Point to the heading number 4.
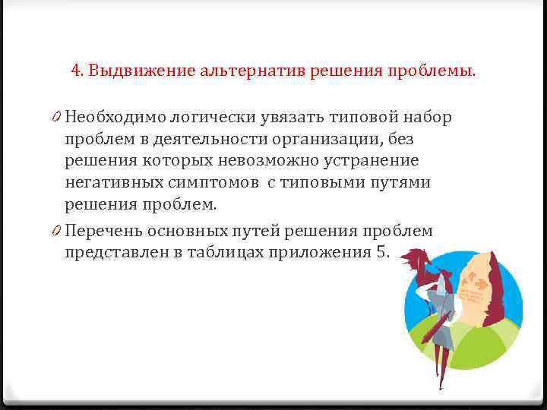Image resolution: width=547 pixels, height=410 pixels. coord(76,71)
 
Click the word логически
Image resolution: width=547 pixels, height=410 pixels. coord(204,118)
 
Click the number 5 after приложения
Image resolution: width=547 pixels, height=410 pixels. coord(381,253)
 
